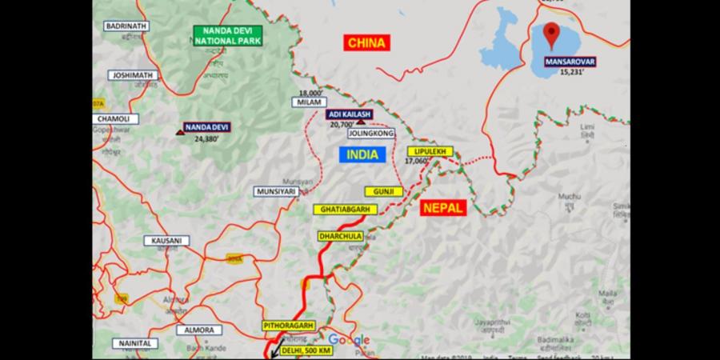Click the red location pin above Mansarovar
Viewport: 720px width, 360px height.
click(551, 34)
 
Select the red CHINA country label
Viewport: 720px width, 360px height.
click(367, 42)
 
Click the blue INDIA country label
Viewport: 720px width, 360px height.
click(363, 154)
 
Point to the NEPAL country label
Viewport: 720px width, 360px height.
click(442, 207)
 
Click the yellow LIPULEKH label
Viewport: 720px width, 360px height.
click(430, 151)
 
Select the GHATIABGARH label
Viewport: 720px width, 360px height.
click(345, 210)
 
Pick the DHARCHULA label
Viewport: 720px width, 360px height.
click(341, 237)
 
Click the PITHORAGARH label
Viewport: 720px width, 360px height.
click(288, 326)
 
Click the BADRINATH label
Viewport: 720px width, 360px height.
click(126, 26)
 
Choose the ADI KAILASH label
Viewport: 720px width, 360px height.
click(349, 115)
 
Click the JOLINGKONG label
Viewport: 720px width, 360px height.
click(371, 134)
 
